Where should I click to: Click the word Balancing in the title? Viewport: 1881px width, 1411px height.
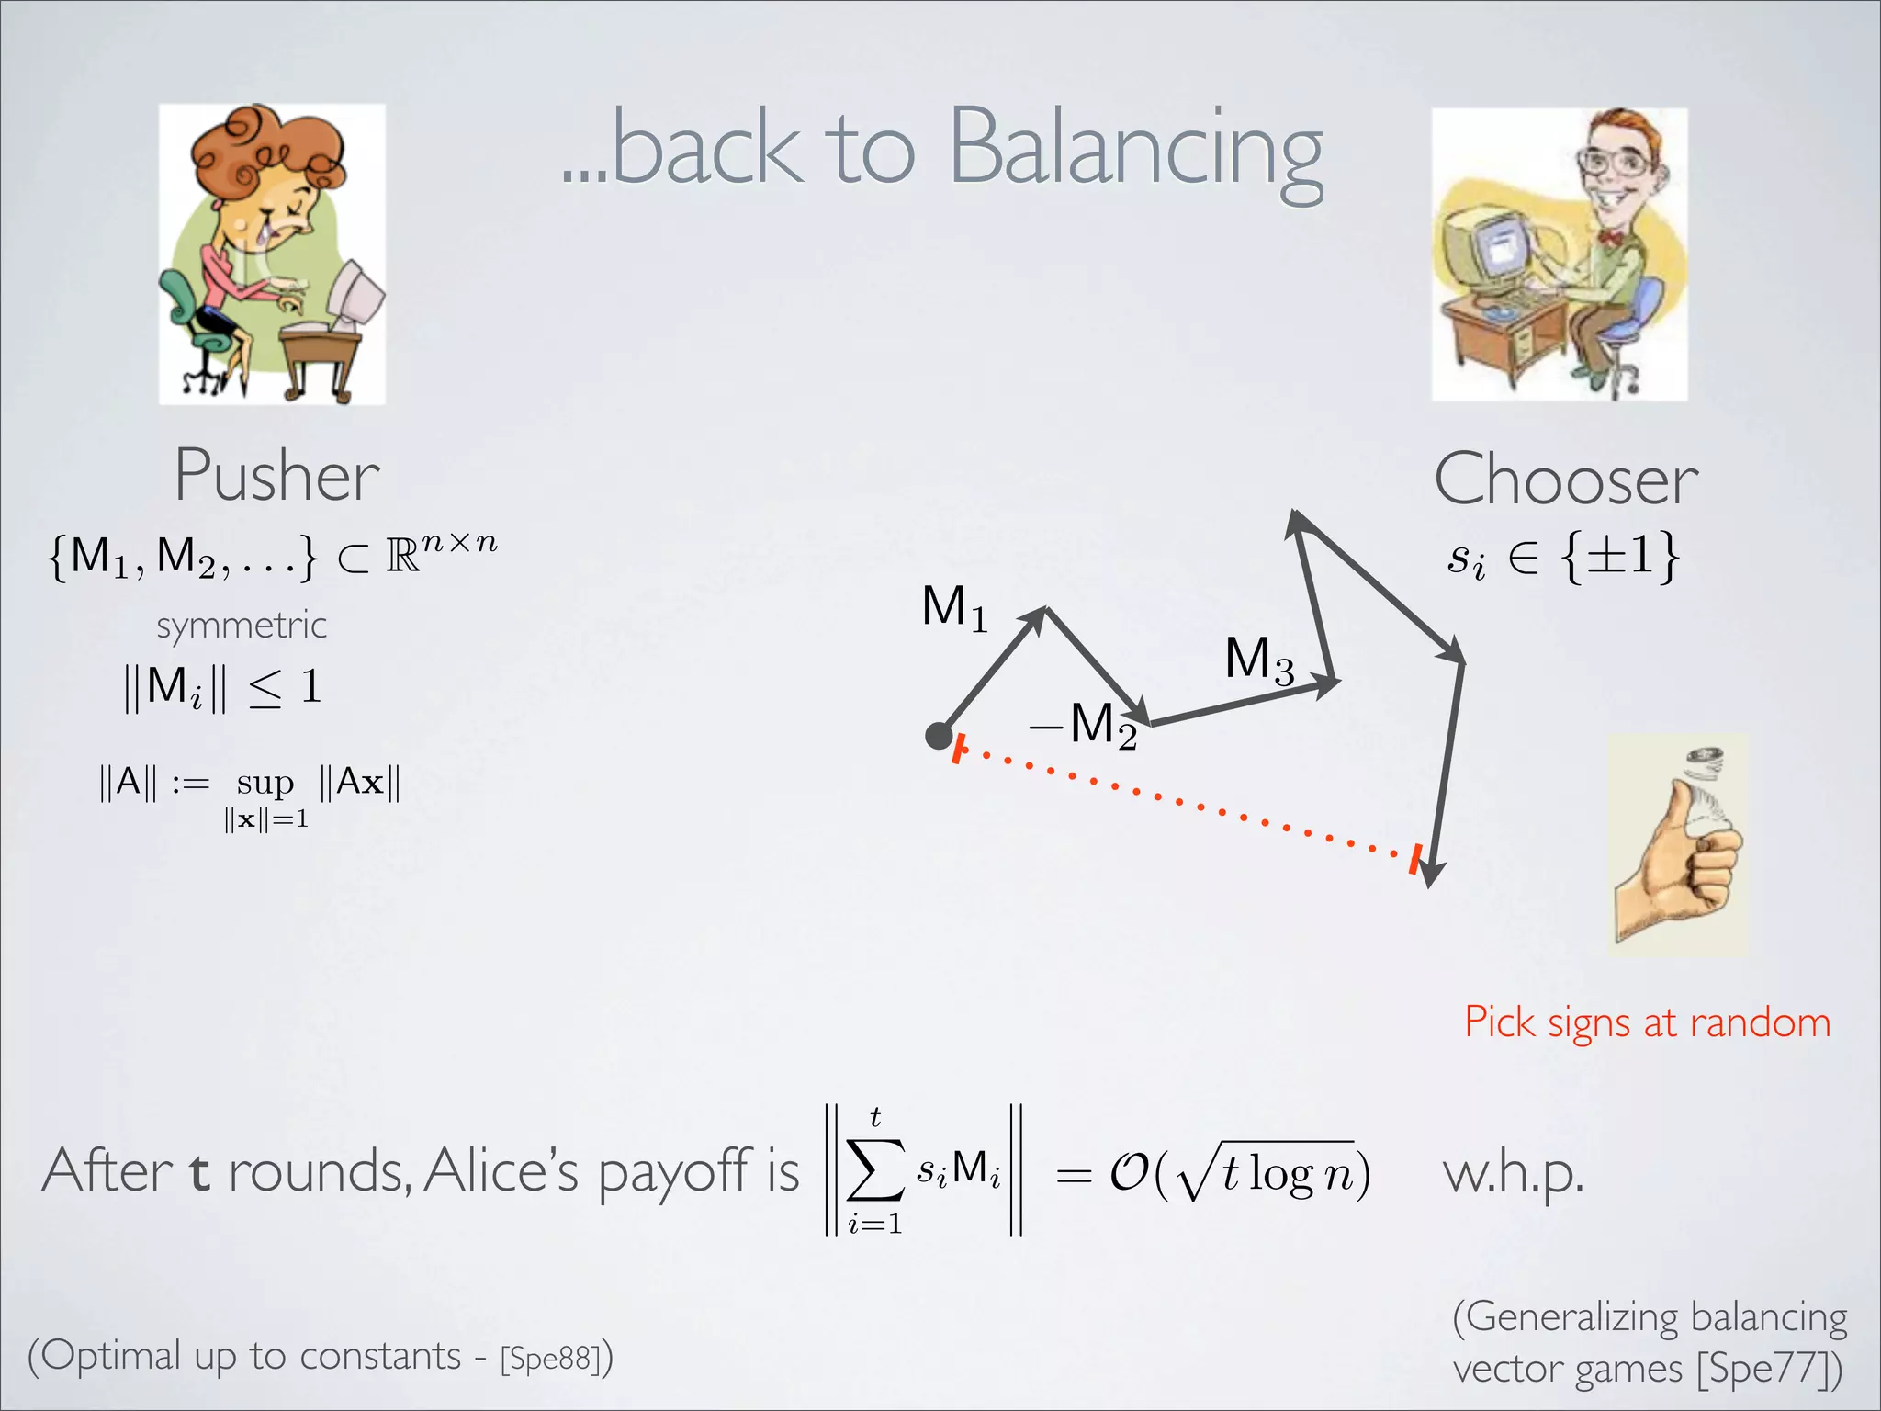1134,149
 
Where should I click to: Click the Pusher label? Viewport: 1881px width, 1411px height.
276,477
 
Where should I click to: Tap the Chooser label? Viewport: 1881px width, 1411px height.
1566,480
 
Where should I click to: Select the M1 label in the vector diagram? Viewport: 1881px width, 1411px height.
954,608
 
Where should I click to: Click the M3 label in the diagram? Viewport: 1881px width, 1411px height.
1258,660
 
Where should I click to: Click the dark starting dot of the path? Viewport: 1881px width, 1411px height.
938,736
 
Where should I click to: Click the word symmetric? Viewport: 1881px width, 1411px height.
242,626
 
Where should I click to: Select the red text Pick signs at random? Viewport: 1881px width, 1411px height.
1647,1022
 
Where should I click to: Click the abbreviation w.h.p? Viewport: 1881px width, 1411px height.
1513,1174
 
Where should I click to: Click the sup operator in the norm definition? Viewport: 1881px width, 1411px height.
265,783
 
